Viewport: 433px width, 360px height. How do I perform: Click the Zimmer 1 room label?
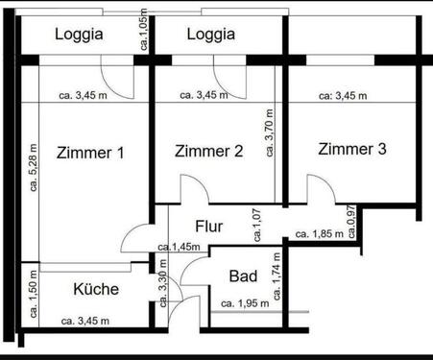click(90, 154)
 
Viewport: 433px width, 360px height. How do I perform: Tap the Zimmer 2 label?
click(208, 152)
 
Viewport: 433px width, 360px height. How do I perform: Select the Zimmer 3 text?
click(352, 149)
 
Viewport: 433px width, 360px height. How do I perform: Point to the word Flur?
click(209, 228)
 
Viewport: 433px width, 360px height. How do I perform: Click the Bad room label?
click(243, 276)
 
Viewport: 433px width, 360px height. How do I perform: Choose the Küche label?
click(95, 288)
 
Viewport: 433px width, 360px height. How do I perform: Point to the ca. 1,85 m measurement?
click(319, 234)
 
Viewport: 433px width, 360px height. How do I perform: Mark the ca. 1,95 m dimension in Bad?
click(246, 304)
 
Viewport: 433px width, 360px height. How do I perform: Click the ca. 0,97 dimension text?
click(351, 223)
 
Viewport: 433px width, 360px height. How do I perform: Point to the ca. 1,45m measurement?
click(179, 247)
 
